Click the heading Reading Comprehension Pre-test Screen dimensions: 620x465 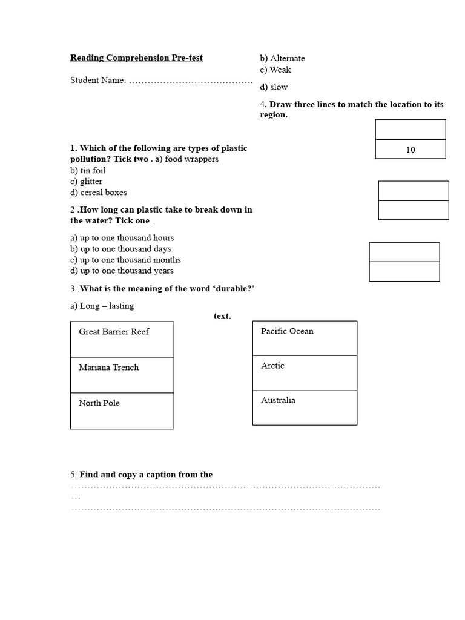click(136, 58)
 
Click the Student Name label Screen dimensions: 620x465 click(97, 80)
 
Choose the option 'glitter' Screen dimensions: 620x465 click(86, 182)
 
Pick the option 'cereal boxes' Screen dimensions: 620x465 click(99, 193)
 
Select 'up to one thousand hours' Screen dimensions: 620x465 click(122, 238)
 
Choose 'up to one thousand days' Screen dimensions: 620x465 click(120, 249)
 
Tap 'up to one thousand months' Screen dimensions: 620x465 click(125, 260)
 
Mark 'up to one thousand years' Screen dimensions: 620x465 click(122, 271)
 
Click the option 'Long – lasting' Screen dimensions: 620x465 click(102, 306)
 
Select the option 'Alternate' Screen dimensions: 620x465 click(283, 58)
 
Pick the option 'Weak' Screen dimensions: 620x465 click(275, 70)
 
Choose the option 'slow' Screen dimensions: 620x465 click(274, 87)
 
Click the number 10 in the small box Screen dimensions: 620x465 click(411, 150)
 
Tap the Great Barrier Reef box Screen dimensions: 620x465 click(122, 339)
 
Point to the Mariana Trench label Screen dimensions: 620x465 click(108, 368)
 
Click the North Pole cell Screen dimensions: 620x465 click(122, 411)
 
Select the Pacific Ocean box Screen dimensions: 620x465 click(305, 338)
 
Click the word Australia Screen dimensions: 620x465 click(279, 400)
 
